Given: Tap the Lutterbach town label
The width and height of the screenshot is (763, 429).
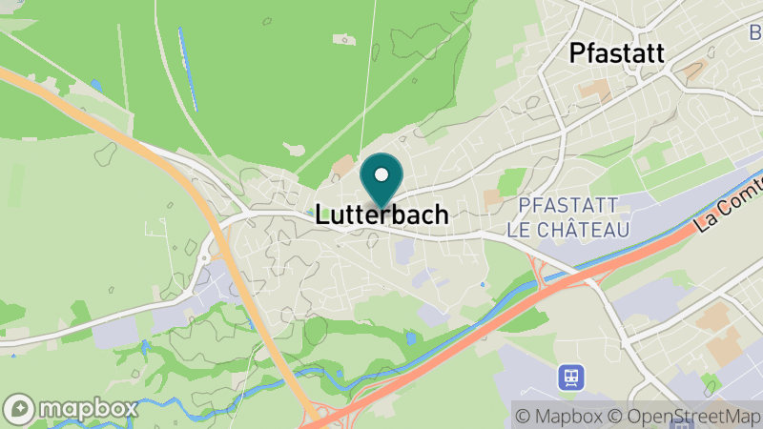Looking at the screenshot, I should tap(381, 215).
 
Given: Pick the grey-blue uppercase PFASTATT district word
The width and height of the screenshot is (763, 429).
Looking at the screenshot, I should tap(568, 206).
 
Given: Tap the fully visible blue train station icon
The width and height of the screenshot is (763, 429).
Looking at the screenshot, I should tap(571, 378).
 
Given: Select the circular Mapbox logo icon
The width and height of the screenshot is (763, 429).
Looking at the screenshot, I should tap(21, 408).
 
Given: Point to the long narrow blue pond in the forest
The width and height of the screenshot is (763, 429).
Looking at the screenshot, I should tap(188, 69).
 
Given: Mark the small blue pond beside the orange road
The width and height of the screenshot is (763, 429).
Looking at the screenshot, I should tap(96, 87).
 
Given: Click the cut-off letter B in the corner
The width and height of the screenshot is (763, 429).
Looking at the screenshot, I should tap(754, 34).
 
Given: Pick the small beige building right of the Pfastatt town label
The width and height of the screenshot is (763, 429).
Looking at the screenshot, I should tap(693, 70).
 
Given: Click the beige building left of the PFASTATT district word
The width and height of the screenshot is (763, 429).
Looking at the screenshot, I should tap(492, 197).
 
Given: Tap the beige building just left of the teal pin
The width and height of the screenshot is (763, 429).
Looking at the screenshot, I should tap(342, 168).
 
